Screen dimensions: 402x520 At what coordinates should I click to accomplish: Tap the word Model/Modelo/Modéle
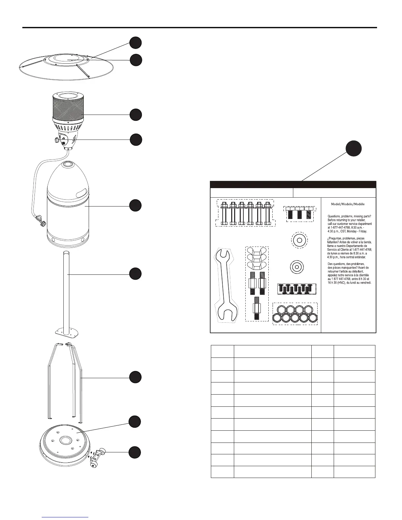(347, 204)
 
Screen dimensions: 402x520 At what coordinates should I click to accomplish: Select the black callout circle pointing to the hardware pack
(354, 149)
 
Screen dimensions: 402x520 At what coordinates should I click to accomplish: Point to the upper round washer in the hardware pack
(299, 241)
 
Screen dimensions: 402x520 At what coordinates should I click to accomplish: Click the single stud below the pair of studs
(257, 309)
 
